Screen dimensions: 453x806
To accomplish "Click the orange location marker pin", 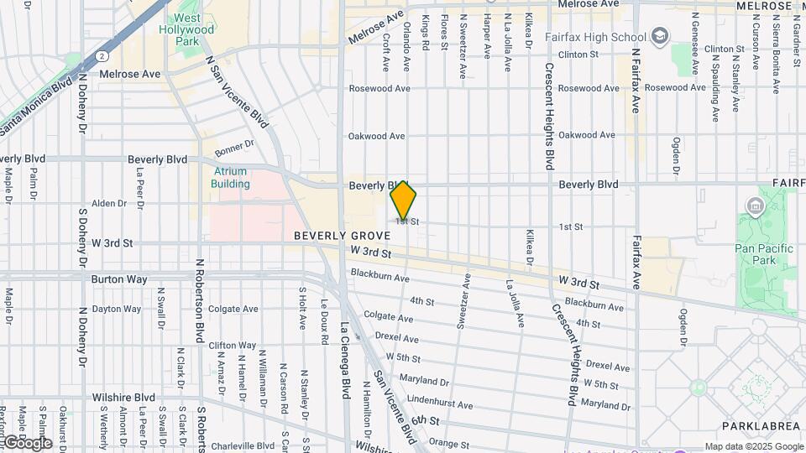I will click(x=404, y=200).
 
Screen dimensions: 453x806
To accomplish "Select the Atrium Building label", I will click(x=230, y=177).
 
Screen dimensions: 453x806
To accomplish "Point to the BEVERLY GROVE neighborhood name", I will click(x=343, y=237).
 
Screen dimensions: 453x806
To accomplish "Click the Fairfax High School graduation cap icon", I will click(x=661, y=36).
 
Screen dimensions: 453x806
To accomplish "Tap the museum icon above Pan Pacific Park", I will click(x=754, y=206).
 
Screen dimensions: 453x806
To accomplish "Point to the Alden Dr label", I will click(x=108, y=203).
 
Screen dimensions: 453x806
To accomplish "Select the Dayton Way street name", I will click(x=117, y=309).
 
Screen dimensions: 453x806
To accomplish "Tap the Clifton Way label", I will click(x=232, y=345).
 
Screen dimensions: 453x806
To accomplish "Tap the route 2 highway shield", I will click(x=101, y=55).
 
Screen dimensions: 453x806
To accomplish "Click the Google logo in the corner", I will click(x=27, y=442).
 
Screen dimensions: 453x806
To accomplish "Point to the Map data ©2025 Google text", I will click(x=752, y=446).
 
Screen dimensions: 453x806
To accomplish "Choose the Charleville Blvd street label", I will click(x=242, y=446).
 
